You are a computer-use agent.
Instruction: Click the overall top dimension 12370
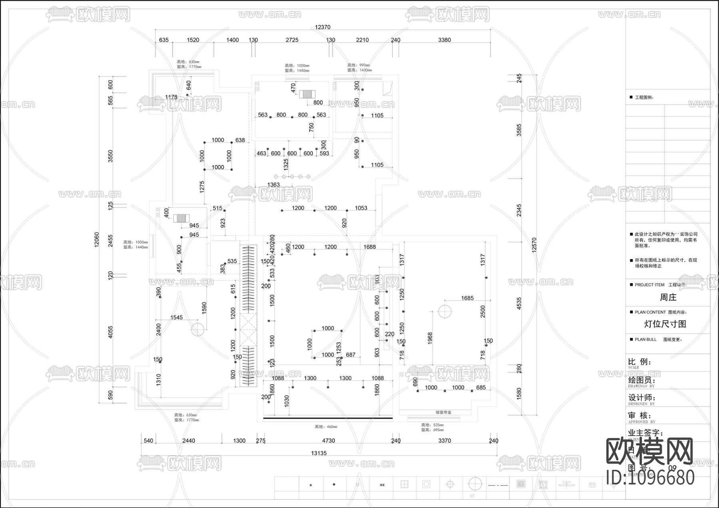[322, 27]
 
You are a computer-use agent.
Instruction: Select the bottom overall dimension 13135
[319, 453]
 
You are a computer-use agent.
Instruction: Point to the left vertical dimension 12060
[97, 240]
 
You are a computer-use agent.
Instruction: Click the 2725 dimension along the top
[292, 40]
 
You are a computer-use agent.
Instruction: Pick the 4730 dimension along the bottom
[328, 441]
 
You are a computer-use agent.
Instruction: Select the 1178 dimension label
[171, 97]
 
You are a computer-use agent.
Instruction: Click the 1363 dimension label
[274, 185]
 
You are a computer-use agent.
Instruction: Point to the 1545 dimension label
[177, 317]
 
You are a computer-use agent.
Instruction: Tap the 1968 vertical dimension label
[430, 338]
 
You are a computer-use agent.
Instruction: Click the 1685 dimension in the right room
[467, 298]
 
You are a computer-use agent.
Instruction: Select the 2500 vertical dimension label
[483, 312]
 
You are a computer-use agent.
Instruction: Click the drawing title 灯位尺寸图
[665, 324]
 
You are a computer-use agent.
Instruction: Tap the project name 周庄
[668, 297]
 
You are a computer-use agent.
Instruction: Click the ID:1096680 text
[650, 477]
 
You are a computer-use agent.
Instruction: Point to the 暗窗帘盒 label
[443, 412]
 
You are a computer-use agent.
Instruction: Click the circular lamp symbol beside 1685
[445, 311]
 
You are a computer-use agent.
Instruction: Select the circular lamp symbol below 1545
[197, 329]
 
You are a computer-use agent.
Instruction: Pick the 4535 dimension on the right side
[519, 303]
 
